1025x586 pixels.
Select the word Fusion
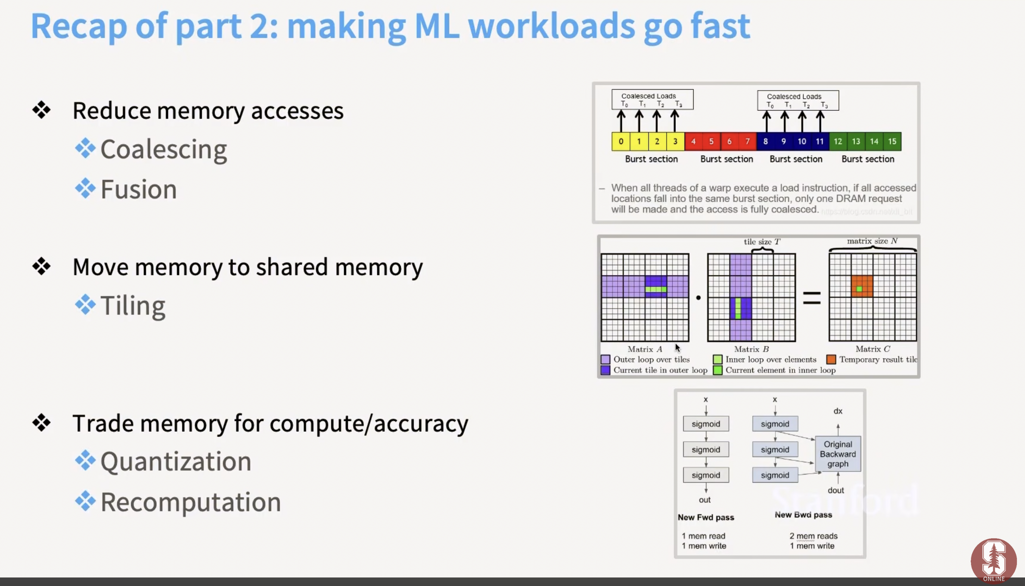[x=139, y=189]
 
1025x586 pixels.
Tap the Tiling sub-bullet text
[x=133, y=306]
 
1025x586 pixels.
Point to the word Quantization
[x=176, y=461]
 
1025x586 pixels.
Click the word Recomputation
[x=191, y=502]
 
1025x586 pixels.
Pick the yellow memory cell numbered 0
[x=621, y=141]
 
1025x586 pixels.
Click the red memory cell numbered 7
[x=748, y=141]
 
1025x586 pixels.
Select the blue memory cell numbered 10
[x=802, y=141]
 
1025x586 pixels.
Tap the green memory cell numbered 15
[x=892, y=141]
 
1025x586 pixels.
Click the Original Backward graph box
[x=838, y=454]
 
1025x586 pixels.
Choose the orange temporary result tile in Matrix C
[x=862, y=286]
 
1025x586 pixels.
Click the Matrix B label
[x=751, y=349]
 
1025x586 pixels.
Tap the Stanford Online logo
[x=994, y=561]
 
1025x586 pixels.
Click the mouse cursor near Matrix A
[x=678, y=348]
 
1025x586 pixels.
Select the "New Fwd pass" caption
[x=706, y=517]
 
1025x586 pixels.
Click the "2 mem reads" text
[x=813, y=536]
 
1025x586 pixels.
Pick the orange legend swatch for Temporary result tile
[x=831, y=359]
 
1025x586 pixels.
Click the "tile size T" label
[x=762, y=241]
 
